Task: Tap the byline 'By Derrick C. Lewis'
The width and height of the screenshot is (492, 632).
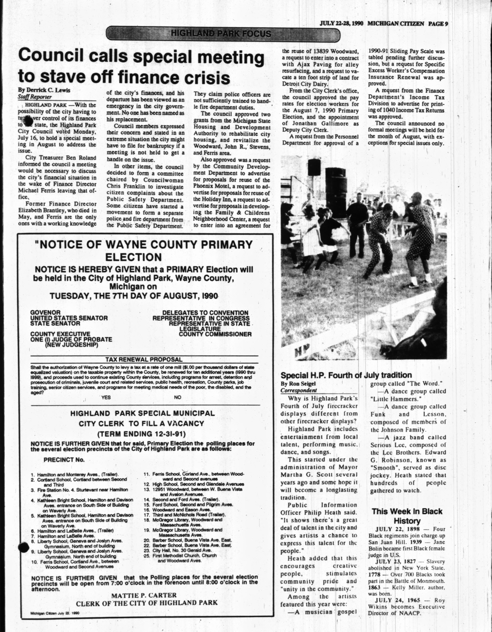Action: (x=44, y=90)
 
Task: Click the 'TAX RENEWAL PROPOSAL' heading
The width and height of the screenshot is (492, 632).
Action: (x=144, y=360)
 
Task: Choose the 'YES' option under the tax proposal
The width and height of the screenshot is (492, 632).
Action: (x=106, y=397)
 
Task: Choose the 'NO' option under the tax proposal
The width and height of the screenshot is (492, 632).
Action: (x=177, y=397)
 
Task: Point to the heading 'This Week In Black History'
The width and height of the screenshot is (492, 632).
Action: (x=407, y=516)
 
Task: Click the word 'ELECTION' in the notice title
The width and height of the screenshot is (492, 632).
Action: (x=133, y=257)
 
